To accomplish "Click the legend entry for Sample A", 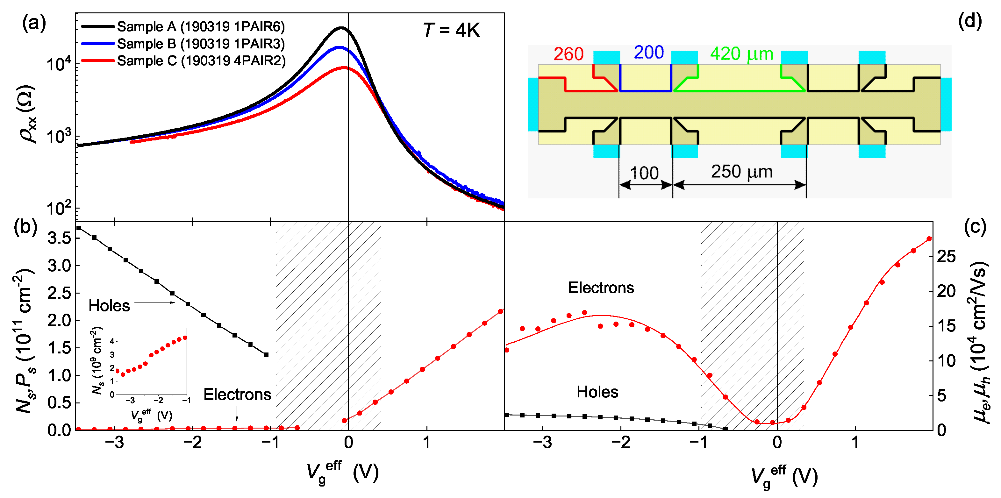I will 201,26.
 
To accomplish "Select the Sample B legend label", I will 201,44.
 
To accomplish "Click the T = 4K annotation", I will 451,30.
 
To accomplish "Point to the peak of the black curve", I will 341,28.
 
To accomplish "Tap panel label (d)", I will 970,21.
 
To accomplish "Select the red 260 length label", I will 568,54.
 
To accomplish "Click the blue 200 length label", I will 648,53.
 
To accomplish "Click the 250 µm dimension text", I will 741,172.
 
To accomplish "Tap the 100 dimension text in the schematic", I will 644,173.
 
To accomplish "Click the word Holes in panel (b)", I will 109,306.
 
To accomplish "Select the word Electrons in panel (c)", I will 601,288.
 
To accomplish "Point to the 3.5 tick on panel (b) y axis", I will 59,238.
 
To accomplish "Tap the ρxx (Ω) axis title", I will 27,113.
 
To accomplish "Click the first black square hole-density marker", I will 79,228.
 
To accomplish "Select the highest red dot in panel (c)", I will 929,239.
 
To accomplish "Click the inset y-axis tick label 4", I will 112,341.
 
